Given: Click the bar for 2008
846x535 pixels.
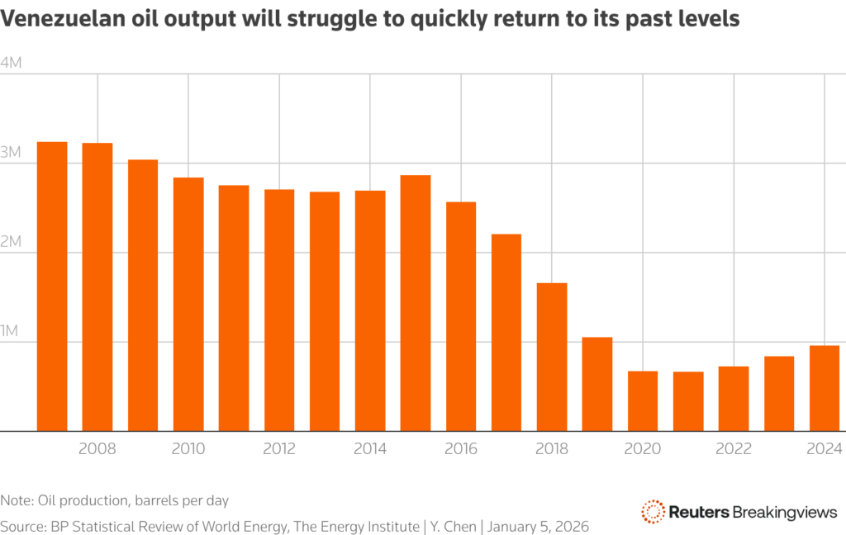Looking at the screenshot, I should tap(97, 286).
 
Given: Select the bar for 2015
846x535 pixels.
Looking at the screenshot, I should tap(416, 303).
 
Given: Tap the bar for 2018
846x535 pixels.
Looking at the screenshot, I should tap(552, 357).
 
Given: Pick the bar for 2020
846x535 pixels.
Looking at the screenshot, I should tap(643, 400).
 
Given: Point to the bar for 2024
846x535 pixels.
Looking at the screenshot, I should tap(825, 388).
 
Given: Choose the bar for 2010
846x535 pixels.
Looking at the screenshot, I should tap(188, 304).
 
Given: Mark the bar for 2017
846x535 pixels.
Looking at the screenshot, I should tap(506, 332).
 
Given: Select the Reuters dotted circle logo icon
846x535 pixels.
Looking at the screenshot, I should tap(654, 512).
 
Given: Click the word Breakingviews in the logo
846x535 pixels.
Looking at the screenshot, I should tap(785, 513).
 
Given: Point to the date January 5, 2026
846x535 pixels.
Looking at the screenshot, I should tap(539, 526).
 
